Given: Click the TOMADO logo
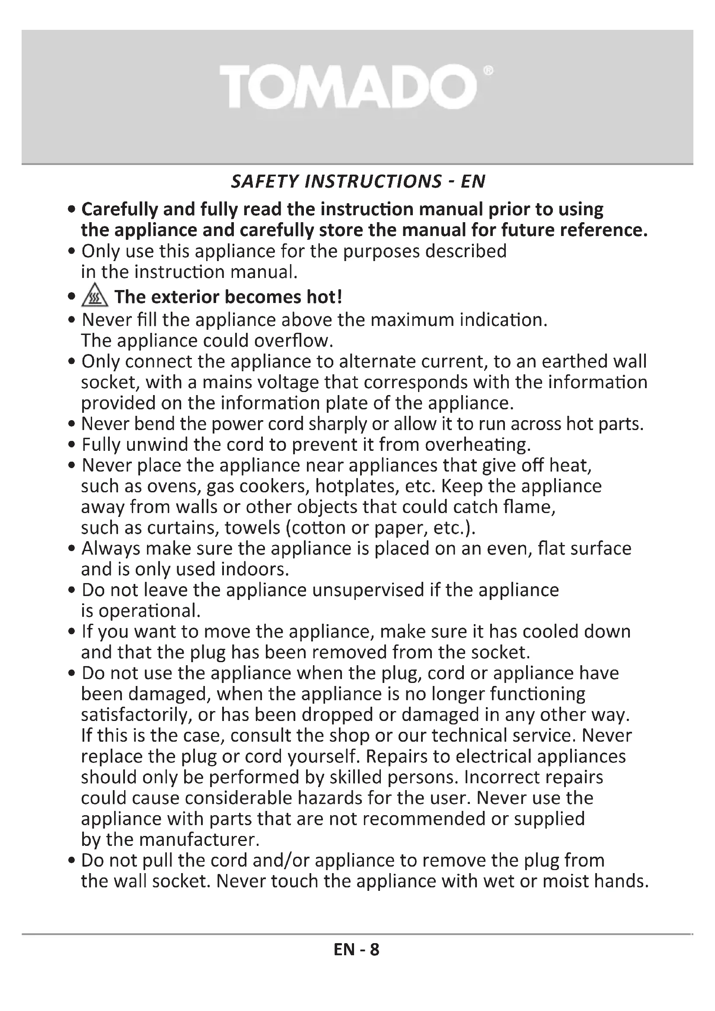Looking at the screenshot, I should [348, 86].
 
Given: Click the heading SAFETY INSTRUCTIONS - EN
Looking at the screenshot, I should [358, 182].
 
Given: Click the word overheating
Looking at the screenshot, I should [478, 445].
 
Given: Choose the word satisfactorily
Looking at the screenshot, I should [136, 714].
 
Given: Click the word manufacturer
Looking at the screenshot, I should [199, 840].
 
